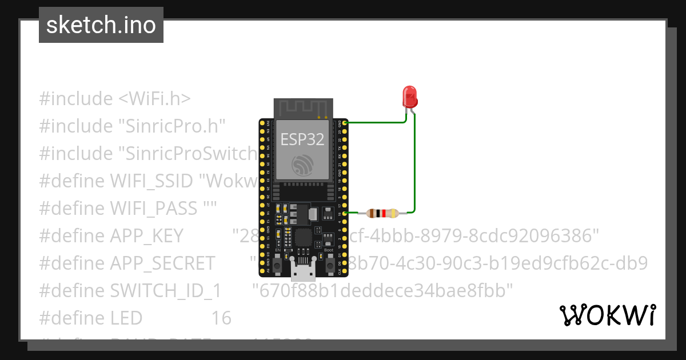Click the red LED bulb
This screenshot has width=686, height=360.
(410, 97)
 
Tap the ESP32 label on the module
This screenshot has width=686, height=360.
(302, 139)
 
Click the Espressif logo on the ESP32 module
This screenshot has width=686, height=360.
(302, 165)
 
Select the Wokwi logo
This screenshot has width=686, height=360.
(607, 315)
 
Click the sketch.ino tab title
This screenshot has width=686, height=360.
(101, 25)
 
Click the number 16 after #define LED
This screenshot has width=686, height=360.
(221, 318)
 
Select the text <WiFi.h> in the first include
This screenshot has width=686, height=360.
(154, 99)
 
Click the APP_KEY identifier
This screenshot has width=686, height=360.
(146, 235)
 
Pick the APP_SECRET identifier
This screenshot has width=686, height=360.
(162, 263)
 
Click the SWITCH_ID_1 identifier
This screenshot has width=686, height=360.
(165, 290)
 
